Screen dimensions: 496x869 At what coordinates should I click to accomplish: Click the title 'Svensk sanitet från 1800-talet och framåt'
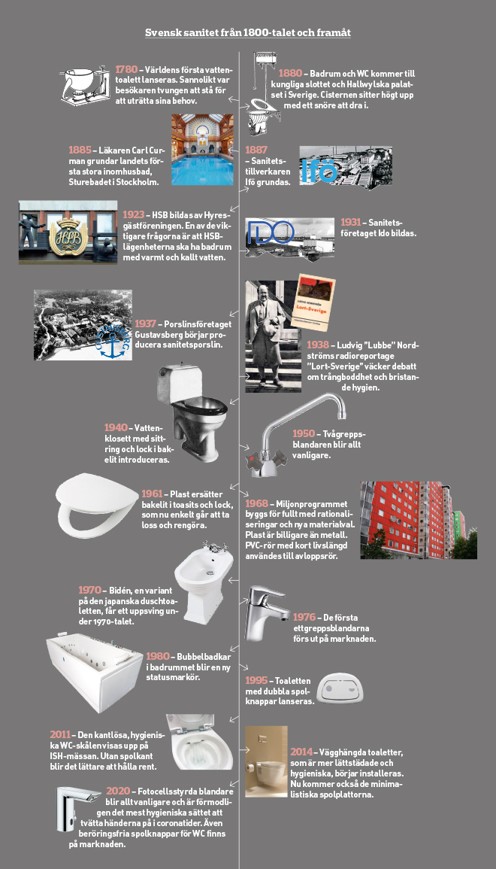pyautogui.click(x=248, y=32)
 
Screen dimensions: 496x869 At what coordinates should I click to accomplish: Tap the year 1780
pyautogui.click(x=126, y=69)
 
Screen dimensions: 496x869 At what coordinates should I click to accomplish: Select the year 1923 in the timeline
pyautogui.click(x=134, y=214)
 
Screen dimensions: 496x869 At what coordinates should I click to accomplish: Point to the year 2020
pyautogui.click(x=118, y=792)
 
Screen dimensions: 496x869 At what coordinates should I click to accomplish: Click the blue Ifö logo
pyautogui.click(x=319, y=171)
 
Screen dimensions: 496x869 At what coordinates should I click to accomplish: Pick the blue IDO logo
pyautogui.click(x=270, y=232)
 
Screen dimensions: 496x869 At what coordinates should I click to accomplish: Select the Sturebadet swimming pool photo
pyautogui.click(x=202, y=150)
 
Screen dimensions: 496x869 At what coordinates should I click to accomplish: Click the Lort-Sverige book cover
pyautogui.click(x=313, y=302)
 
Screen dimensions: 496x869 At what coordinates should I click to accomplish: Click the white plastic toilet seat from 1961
pyautogui.click(x=96, y=505)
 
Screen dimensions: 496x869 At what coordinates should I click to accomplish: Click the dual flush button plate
pyautogui.click(x=342, y=688)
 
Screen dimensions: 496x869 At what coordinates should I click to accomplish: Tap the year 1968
pyautogui.click(x=256, y=503)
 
